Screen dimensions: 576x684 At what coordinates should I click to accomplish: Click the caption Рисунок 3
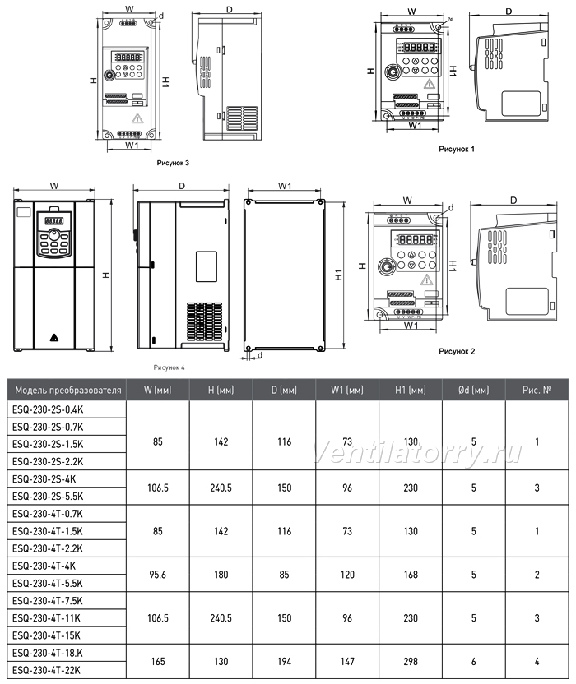(x=173, y=163)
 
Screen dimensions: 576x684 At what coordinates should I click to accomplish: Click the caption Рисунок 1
(x=457, y=149)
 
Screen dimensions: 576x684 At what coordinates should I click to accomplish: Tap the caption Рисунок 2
(x=457, y=351)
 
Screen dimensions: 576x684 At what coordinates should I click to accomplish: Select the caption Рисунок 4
(x=169, y=367)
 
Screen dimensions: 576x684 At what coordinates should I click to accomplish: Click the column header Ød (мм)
(x=473, y=390)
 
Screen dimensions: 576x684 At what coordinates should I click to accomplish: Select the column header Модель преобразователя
(x=68, y=390)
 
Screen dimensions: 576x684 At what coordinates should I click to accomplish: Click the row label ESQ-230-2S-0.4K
(x=48, y=409)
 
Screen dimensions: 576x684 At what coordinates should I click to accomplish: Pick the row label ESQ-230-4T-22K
(x=46, y=670)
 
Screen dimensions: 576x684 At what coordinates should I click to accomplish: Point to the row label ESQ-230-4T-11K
(x=46, y=618)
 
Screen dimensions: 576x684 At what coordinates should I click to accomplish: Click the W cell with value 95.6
(x=158, y=575)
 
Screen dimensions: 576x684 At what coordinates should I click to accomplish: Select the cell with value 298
(x=411, y=661)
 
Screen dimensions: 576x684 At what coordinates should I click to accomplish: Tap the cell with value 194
(x=284, y=661)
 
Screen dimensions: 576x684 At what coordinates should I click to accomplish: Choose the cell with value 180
(x=221, y=575)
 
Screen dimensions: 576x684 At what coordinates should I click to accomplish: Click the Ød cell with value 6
(x=474, y=661)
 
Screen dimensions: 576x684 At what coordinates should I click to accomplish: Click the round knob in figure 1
(x=393, y=72)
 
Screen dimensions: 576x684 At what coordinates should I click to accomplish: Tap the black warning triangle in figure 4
(x=54, y=337)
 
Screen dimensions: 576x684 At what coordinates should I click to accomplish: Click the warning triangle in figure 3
(x=137, y=118)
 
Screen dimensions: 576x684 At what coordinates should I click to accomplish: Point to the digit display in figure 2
(x=415, y=239)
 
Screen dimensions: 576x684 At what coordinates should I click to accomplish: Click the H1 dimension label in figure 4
(x=339, y=275)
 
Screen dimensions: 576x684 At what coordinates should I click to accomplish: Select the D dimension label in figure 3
(x=230, y=10)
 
